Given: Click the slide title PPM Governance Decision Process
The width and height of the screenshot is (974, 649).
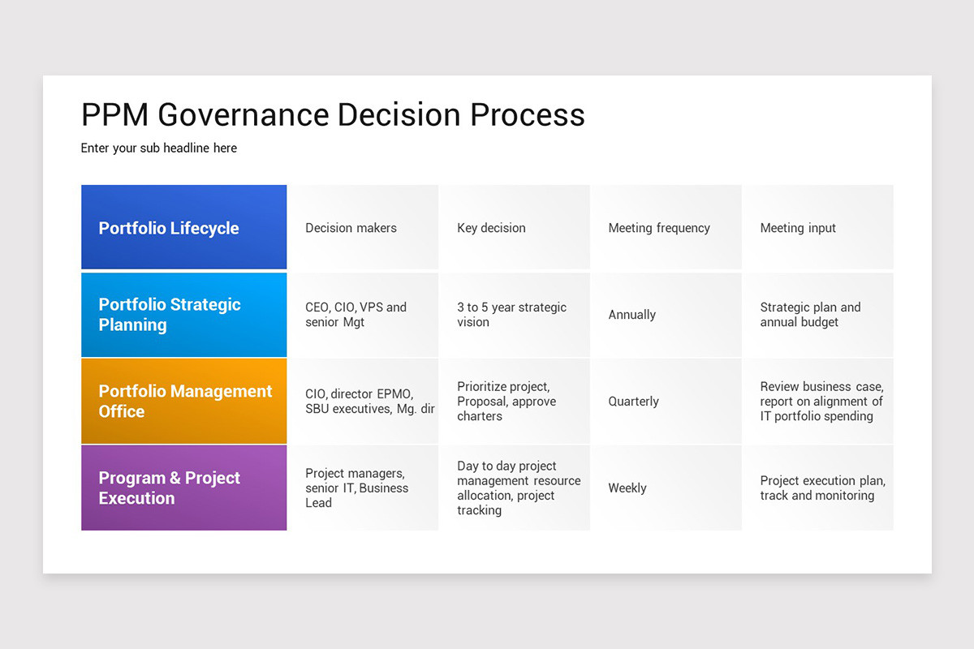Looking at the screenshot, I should click(333, 114).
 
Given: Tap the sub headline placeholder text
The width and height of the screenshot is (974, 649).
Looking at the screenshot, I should click(159, 148).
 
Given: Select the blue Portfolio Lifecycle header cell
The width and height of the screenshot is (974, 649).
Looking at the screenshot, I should click(183, 228).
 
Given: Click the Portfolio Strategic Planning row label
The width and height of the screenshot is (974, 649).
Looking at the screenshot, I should click(183, 315).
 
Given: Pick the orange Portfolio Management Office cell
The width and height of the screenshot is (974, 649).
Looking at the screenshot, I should click(183, 402).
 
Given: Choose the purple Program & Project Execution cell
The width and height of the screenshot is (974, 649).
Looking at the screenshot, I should click(183, 488).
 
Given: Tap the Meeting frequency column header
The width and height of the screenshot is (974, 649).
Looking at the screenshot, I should click(659, 228).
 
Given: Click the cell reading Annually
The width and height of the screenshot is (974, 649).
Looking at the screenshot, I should click(632, 315).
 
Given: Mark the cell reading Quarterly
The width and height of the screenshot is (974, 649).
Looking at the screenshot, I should click(634, 402).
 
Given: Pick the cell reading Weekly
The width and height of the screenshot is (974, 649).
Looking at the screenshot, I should click(627, 488).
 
